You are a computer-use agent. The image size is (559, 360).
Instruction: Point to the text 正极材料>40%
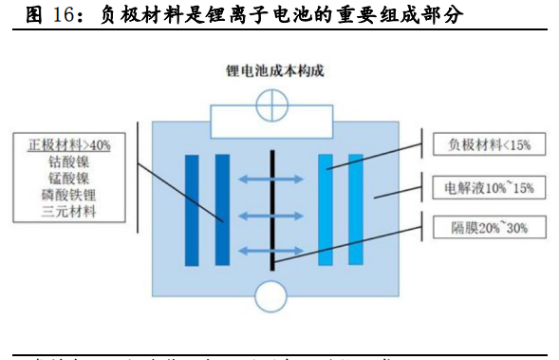tap(69, 144)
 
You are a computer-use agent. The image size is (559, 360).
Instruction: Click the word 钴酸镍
tap(69, 161)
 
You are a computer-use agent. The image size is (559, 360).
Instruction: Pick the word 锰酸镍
tap(69, 178)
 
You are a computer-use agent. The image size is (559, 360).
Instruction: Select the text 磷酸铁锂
tap(69, 195)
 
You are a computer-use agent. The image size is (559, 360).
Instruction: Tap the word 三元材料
tap(69, 212)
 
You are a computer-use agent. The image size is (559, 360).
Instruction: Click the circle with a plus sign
tap(273, 102)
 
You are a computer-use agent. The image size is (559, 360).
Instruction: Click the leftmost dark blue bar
tap(192, 210)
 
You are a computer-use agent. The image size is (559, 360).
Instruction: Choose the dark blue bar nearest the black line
tap(222, 210)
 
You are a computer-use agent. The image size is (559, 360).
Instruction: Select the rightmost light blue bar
tap(356, 210)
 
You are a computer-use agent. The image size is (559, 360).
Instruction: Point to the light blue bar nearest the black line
tap(326, 210)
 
